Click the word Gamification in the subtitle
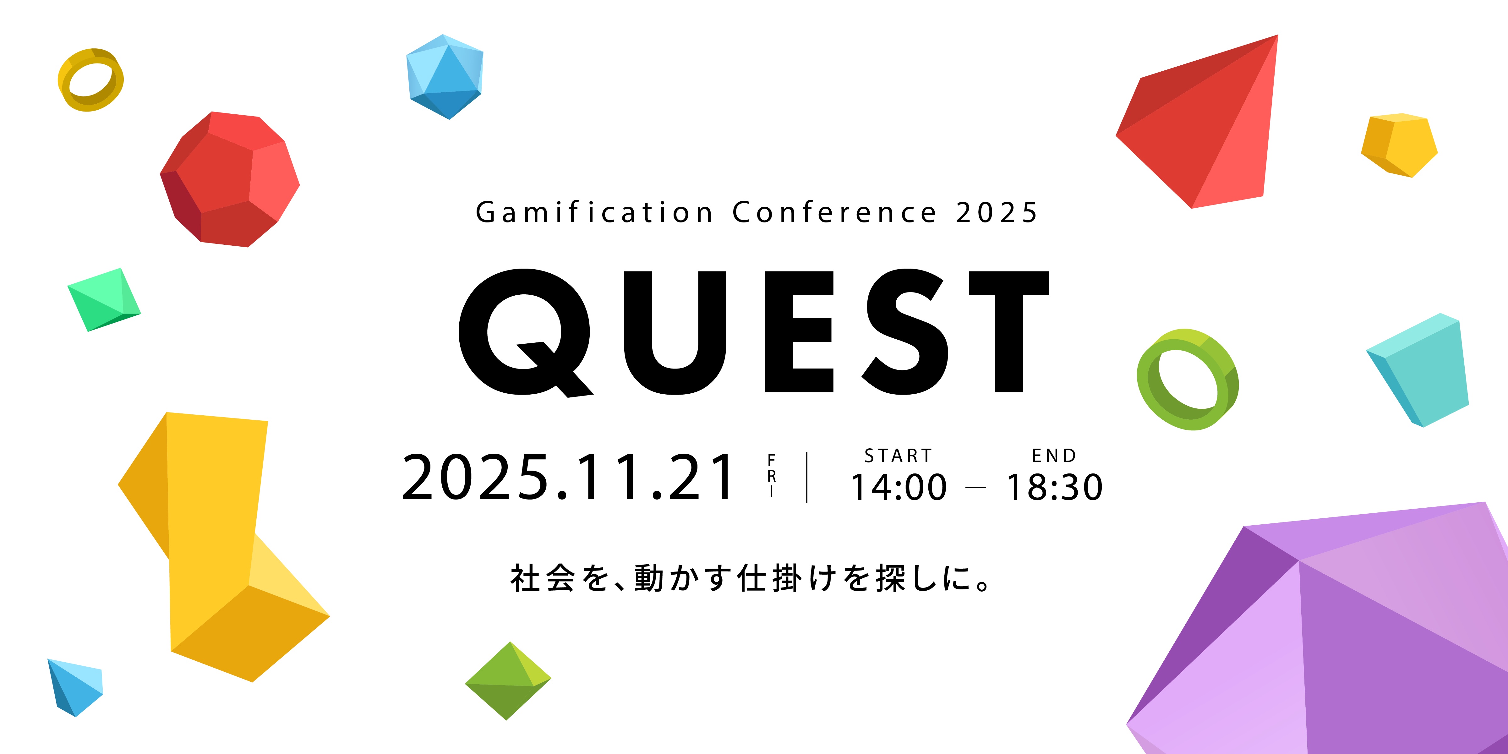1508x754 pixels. click(594, 212)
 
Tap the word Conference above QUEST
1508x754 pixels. click(834, 212)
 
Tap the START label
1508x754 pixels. click(898, 456)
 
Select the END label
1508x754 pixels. click(1054, 456)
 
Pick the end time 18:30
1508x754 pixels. click(1054, 487)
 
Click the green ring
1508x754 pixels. click(1187, 379)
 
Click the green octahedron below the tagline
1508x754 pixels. click(508, 681)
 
